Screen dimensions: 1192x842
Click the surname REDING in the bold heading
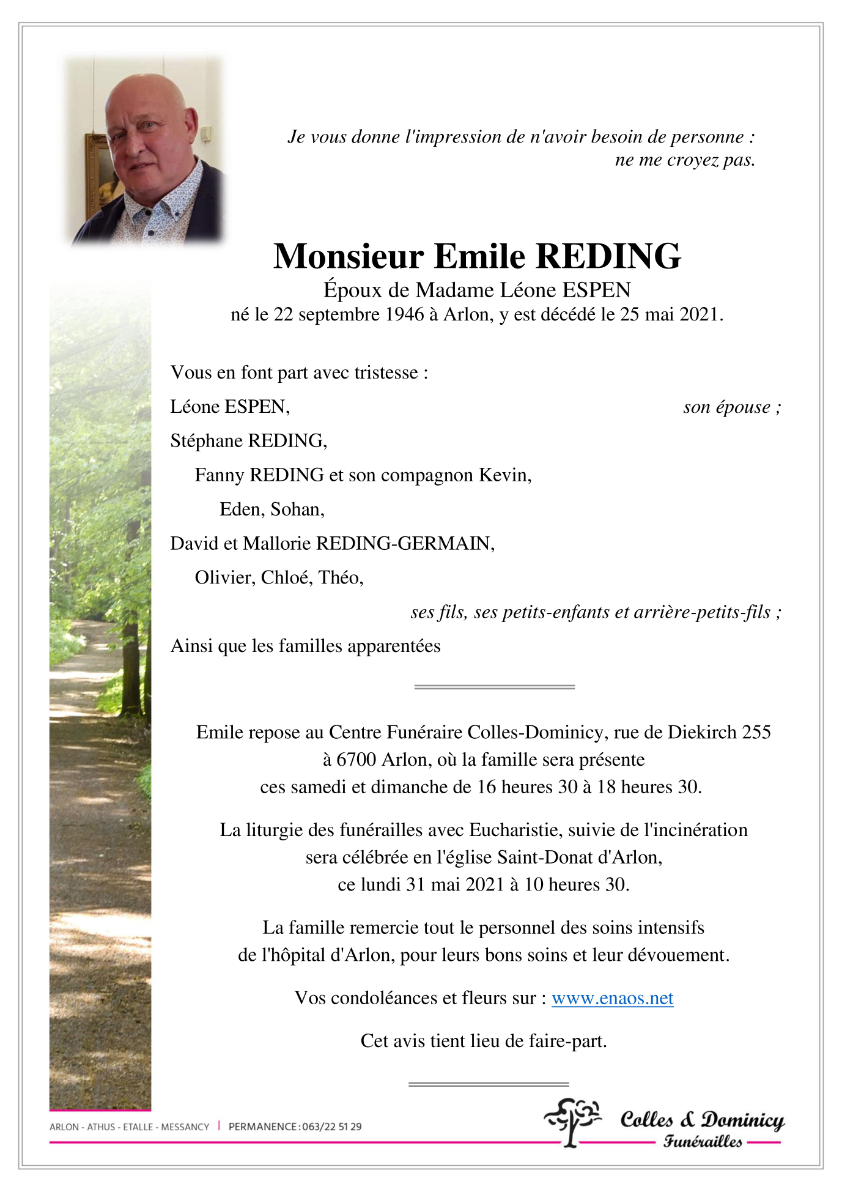pos(608,256)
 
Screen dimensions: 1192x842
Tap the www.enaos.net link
pos(612,998)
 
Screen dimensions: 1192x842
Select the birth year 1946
pos(404,314)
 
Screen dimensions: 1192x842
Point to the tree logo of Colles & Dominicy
pos(572,1121)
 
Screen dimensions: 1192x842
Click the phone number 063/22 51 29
pos(332,1127)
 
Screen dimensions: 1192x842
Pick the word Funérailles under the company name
pos(703,1141)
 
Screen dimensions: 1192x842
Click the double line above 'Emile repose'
pos(494,687)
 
